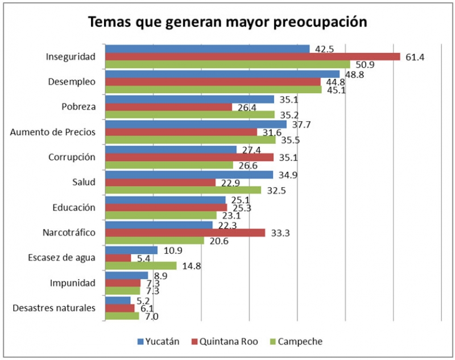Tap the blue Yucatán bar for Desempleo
222,74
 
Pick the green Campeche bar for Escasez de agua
141,266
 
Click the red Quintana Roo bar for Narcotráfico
185,233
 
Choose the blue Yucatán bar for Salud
189,175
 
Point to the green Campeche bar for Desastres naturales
122,316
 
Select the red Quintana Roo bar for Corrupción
189,157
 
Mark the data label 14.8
191,266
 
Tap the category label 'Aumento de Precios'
53,133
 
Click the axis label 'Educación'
72,208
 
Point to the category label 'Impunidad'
72,283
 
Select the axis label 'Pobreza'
78,107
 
